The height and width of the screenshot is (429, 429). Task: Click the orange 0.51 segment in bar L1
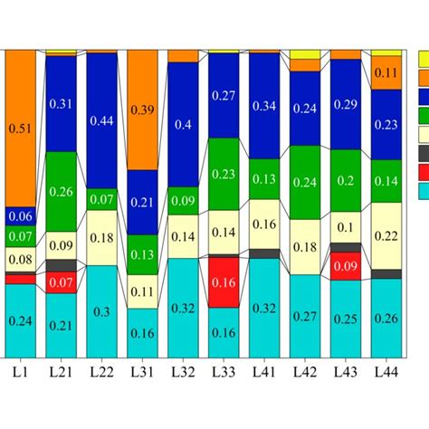pyautogui.click(x=21, y=129)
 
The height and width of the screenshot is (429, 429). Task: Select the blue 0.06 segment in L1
pyautogui.click(x=21, y=216)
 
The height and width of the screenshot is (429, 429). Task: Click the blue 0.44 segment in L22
pyautogui.click(x=101, y=120)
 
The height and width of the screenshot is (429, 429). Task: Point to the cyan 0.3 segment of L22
pyautogui.click(x=101, y=311)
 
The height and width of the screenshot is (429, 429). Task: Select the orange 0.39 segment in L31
pyautogui.click(x=142, y=110)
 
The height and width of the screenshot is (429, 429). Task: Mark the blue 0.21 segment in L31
pyautogui.click(x=142, y=202)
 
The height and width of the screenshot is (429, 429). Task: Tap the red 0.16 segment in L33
pyautogui.click(x=224, y=281)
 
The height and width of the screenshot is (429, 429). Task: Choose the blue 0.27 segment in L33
pyautogui.click(x=224, y=95)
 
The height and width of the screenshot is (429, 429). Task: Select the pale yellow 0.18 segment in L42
pyautogui.click(x=305, y=247)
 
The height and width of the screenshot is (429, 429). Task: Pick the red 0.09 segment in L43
pyautogui.click(x=346, y=266)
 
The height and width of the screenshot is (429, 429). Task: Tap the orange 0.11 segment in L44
pyautogui.click(x=386, y=72)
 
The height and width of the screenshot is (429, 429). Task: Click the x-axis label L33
pyautogui.click(x=224, y=372)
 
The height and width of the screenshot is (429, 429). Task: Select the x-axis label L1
pyautogui.click(x=21, y=372)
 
